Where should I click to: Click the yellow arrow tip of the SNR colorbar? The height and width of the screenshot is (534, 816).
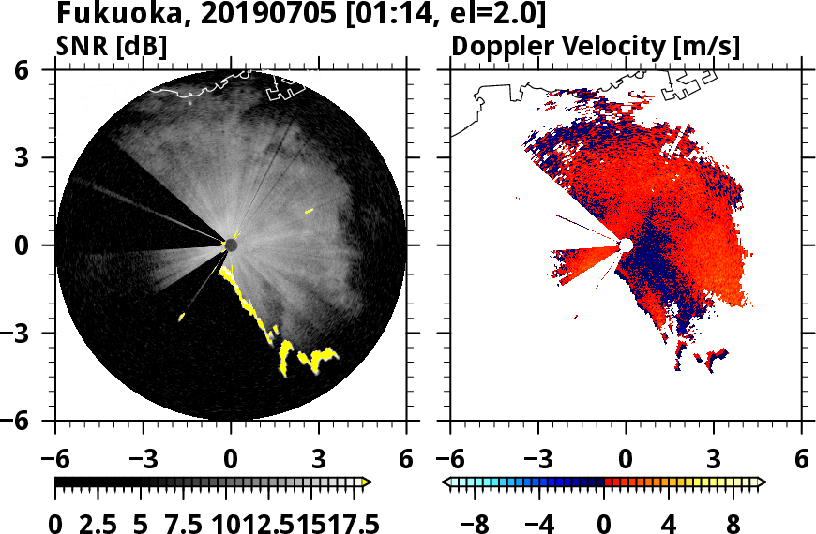click(367, 482)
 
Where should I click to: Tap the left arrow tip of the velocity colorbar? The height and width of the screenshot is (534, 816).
click(446, 482)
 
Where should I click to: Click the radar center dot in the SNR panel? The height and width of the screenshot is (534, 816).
click(231, 245)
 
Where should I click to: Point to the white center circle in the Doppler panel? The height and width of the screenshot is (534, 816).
click(626, 245)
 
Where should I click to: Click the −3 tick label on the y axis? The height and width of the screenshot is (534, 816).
click(28, 334)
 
